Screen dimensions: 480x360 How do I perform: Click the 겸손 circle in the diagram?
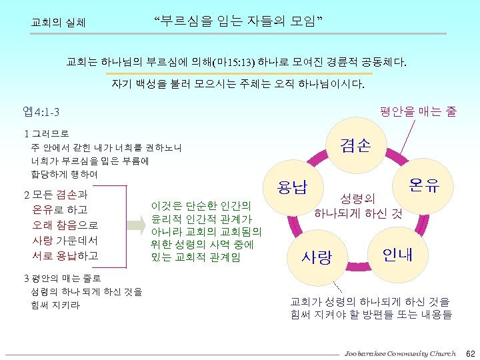pyautogui.click(x=355, y=145)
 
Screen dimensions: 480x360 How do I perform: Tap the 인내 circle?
pyautogui.click(x=397, y=253)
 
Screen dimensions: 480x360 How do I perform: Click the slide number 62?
pyautogui.click(x=470, y=352)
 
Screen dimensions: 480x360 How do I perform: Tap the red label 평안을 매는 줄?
pyautogui.click(x=418, y=111)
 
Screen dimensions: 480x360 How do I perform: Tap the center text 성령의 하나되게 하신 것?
pyautogui.click(x=357, y=206)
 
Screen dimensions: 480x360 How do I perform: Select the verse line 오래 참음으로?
pyautogui.click(x=65, y=225)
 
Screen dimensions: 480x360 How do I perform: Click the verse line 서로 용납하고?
pyautogui.click(x=65, y=255)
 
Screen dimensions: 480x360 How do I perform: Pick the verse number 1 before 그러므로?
pyautogui.click(x=25, y=134)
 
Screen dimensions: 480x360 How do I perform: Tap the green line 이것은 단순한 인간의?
pyautogui.click(x=201, y=205)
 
